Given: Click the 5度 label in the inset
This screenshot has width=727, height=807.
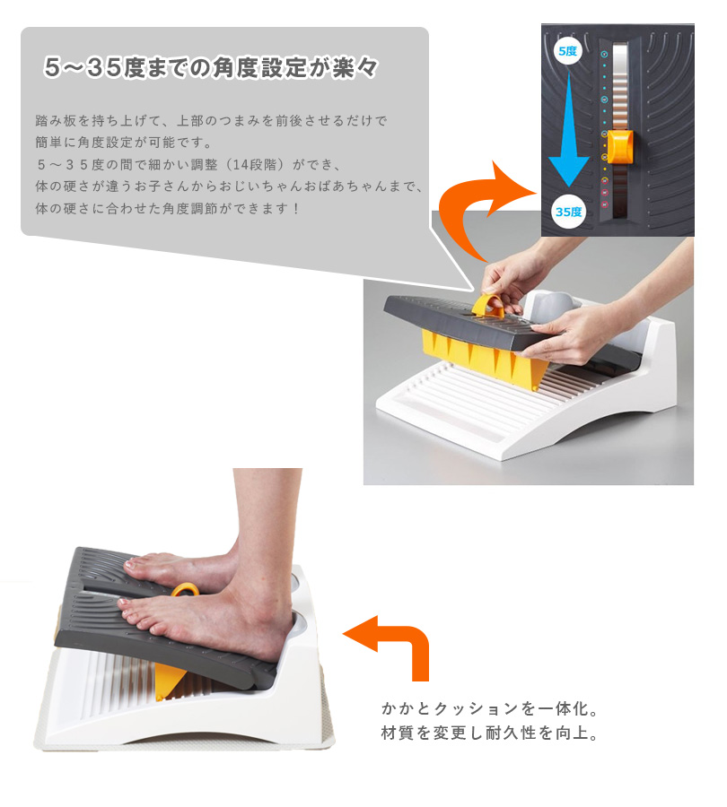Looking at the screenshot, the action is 568,51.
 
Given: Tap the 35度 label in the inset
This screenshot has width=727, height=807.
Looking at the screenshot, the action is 568,212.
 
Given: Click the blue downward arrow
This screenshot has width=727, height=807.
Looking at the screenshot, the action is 568,128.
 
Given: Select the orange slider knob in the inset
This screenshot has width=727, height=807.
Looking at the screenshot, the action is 619,146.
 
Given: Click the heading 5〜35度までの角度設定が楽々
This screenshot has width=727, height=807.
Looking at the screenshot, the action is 211,67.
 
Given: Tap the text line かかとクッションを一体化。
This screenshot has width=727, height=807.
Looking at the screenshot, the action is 490,708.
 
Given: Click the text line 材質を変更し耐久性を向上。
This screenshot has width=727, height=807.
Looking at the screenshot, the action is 490,733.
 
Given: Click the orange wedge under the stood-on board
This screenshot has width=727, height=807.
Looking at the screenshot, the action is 170,681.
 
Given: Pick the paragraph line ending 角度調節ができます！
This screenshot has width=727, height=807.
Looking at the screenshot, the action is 167,208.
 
